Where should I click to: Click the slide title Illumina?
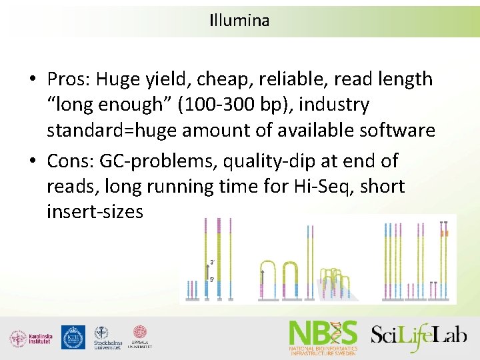click(239, 21)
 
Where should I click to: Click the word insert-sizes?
click(95, 212)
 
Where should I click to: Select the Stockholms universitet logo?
click(106, 337)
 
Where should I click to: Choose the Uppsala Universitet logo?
click(139, 337)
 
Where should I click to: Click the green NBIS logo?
click(323, 336)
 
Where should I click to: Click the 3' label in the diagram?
click(211, 262)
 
